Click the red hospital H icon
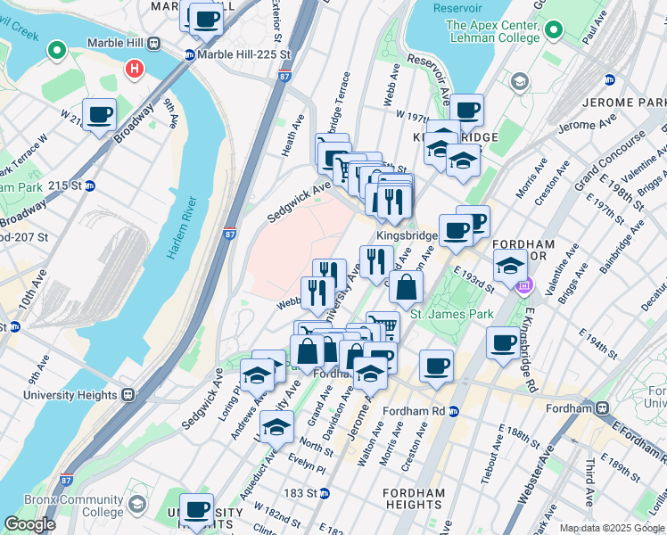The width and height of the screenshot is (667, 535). (134, 68)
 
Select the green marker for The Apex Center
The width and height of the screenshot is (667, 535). (553, 31)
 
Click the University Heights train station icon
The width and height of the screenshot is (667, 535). (128, 394)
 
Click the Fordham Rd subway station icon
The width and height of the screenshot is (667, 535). (455, 411)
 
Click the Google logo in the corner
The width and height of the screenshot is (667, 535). (29, 524)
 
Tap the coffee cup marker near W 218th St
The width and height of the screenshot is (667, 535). (99, 115)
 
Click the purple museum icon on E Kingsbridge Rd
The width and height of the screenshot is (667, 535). (524, 286)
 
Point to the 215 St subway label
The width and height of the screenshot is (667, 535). (77, 185)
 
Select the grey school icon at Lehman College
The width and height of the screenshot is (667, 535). (519, 82)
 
